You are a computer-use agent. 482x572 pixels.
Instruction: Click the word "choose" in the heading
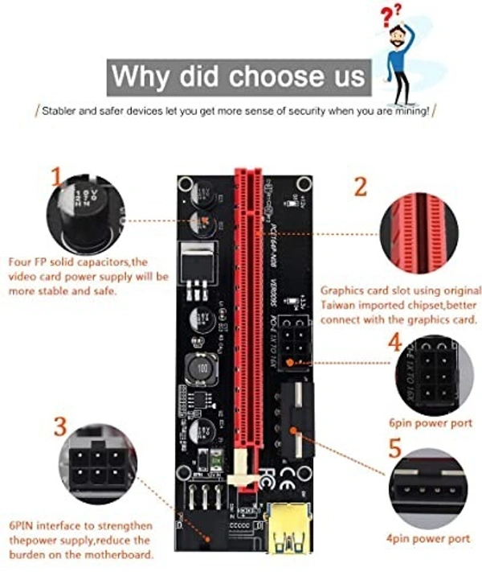(273, 76)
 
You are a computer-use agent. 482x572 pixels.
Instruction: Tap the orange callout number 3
(61, 427)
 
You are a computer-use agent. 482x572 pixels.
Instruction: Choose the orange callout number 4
(394, 343)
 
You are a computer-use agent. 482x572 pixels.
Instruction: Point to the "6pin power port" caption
(431, 422)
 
